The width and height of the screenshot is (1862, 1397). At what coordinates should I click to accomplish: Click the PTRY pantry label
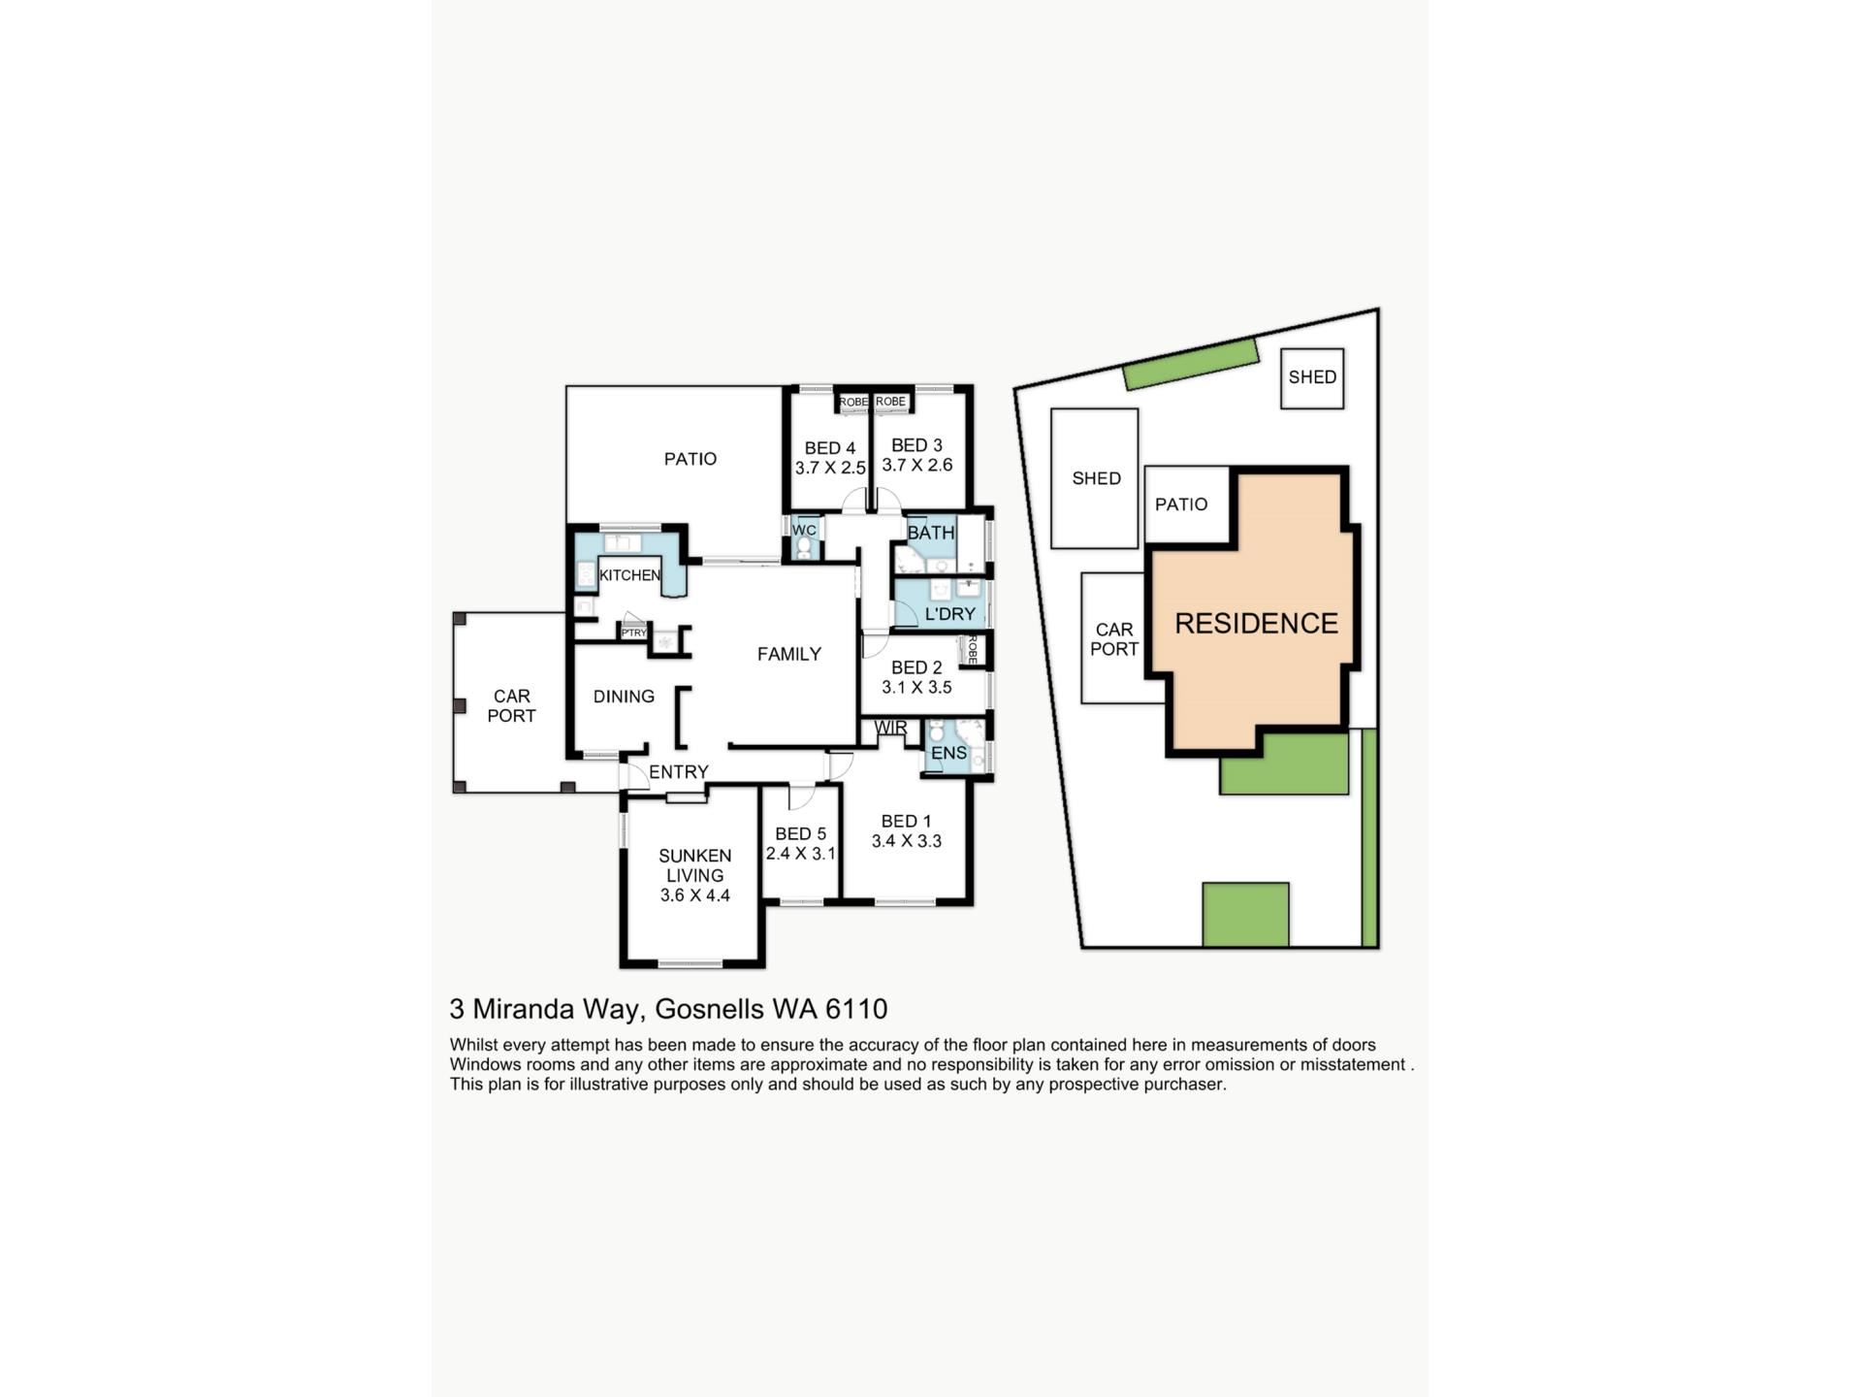634,634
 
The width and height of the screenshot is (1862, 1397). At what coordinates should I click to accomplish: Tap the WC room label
804,531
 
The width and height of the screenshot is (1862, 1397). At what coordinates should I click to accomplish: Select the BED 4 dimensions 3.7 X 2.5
830,468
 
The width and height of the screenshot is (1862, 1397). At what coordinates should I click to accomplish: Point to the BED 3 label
916,445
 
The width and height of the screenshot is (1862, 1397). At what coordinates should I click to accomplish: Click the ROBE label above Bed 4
853,402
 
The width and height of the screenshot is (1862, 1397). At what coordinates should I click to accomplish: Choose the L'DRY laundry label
950,614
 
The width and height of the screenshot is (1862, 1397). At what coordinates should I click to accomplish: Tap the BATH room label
931,533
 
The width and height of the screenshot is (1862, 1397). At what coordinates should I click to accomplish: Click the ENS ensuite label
948,753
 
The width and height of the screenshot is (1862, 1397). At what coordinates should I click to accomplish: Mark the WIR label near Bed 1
891,728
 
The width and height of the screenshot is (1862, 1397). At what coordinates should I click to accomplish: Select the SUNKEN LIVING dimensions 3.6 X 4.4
695,895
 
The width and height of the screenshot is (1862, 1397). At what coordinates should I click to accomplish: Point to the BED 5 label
800,834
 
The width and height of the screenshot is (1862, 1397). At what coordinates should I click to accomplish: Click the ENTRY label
679,772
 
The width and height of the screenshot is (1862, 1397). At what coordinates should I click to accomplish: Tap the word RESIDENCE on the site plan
1257,623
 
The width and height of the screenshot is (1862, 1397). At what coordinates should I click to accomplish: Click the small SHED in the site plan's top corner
1312,378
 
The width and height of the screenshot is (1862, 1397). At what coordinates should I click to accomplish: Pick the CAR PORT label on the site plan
1114,639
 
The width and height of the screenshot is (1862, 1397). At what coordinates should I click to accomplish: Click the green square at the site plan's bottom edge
1246,914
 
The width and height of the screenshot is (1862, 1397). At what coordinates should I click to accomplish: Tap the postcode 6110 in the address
856,1009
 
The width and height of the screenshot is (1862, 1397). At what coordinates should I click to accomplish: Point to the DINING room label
624,697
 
